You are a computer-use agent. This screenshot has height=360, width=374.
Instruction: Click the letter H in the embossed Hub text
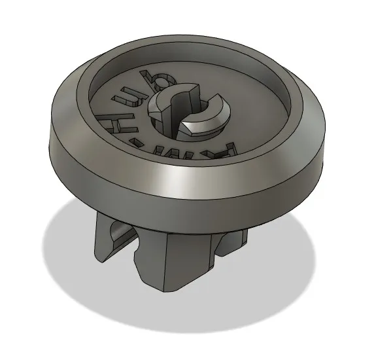pyautogui.click(x=109, y=122)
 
